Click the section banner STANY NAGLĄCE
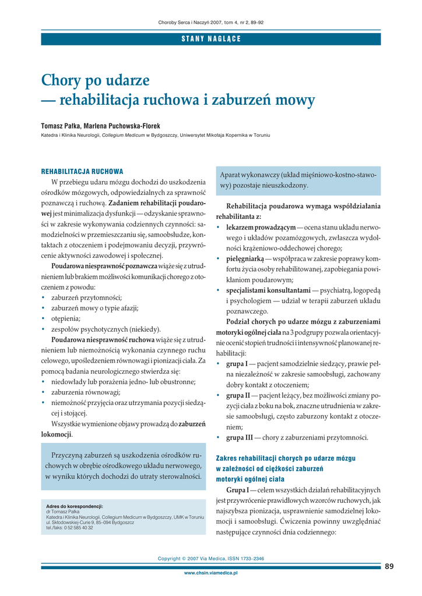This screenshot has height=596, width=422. [211, 39]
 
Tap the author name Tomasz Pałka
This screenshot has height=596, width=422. [60, 126]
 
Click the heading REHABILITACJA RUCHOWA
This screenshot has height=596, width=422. [82, 172]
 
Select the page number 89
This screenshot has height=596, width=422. [389, 566]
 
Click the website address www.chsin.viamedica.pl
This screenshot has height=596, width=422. [211, 573]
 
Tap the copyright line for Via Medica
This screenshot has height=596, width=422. [211, 559]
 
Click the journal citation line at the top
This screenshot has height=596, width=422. [211, 22]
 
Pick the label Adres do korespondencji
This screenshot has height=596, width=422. [74, 506]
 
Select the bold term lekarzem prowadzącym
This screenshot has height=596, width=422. [261, 226]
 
